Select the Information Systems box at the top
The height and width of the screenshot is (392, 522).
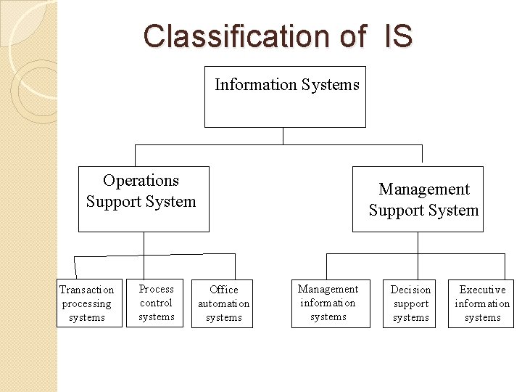[x=285, y=97]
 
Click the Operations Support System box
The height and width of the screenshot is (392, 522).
[x=144, y=199]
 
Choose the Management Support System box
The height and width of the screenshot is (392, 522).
[x=418, y=199]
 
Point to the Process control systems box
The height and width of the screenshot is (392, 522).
[x=156, y=302]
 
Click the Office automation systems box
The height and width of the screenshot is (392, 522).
[x=223, y=303]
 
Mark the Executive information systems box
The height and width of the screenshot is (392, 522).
[x=481, y=303]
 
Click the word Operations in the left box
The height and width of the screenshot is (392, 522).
[x=141, y=180]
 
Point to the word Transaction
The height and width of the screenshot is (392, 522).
[x=87, y=290]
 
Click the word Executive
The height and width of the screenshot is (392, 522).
[x=482, y=290]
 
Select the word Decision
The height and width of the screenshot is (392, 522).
[x=410, y=290]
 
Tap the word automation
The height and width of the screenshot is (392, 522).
[x=223, y=303]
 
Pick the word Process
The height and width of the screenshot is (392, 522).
[x=156, y=289]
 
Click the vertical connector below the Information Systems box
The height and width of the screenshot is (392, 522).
[x=283, y=136]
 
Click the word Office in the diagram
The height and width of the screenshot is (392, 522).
[x=223, y=290]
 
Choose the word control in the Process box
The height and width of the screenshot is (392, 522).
[x=156, y=303]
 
